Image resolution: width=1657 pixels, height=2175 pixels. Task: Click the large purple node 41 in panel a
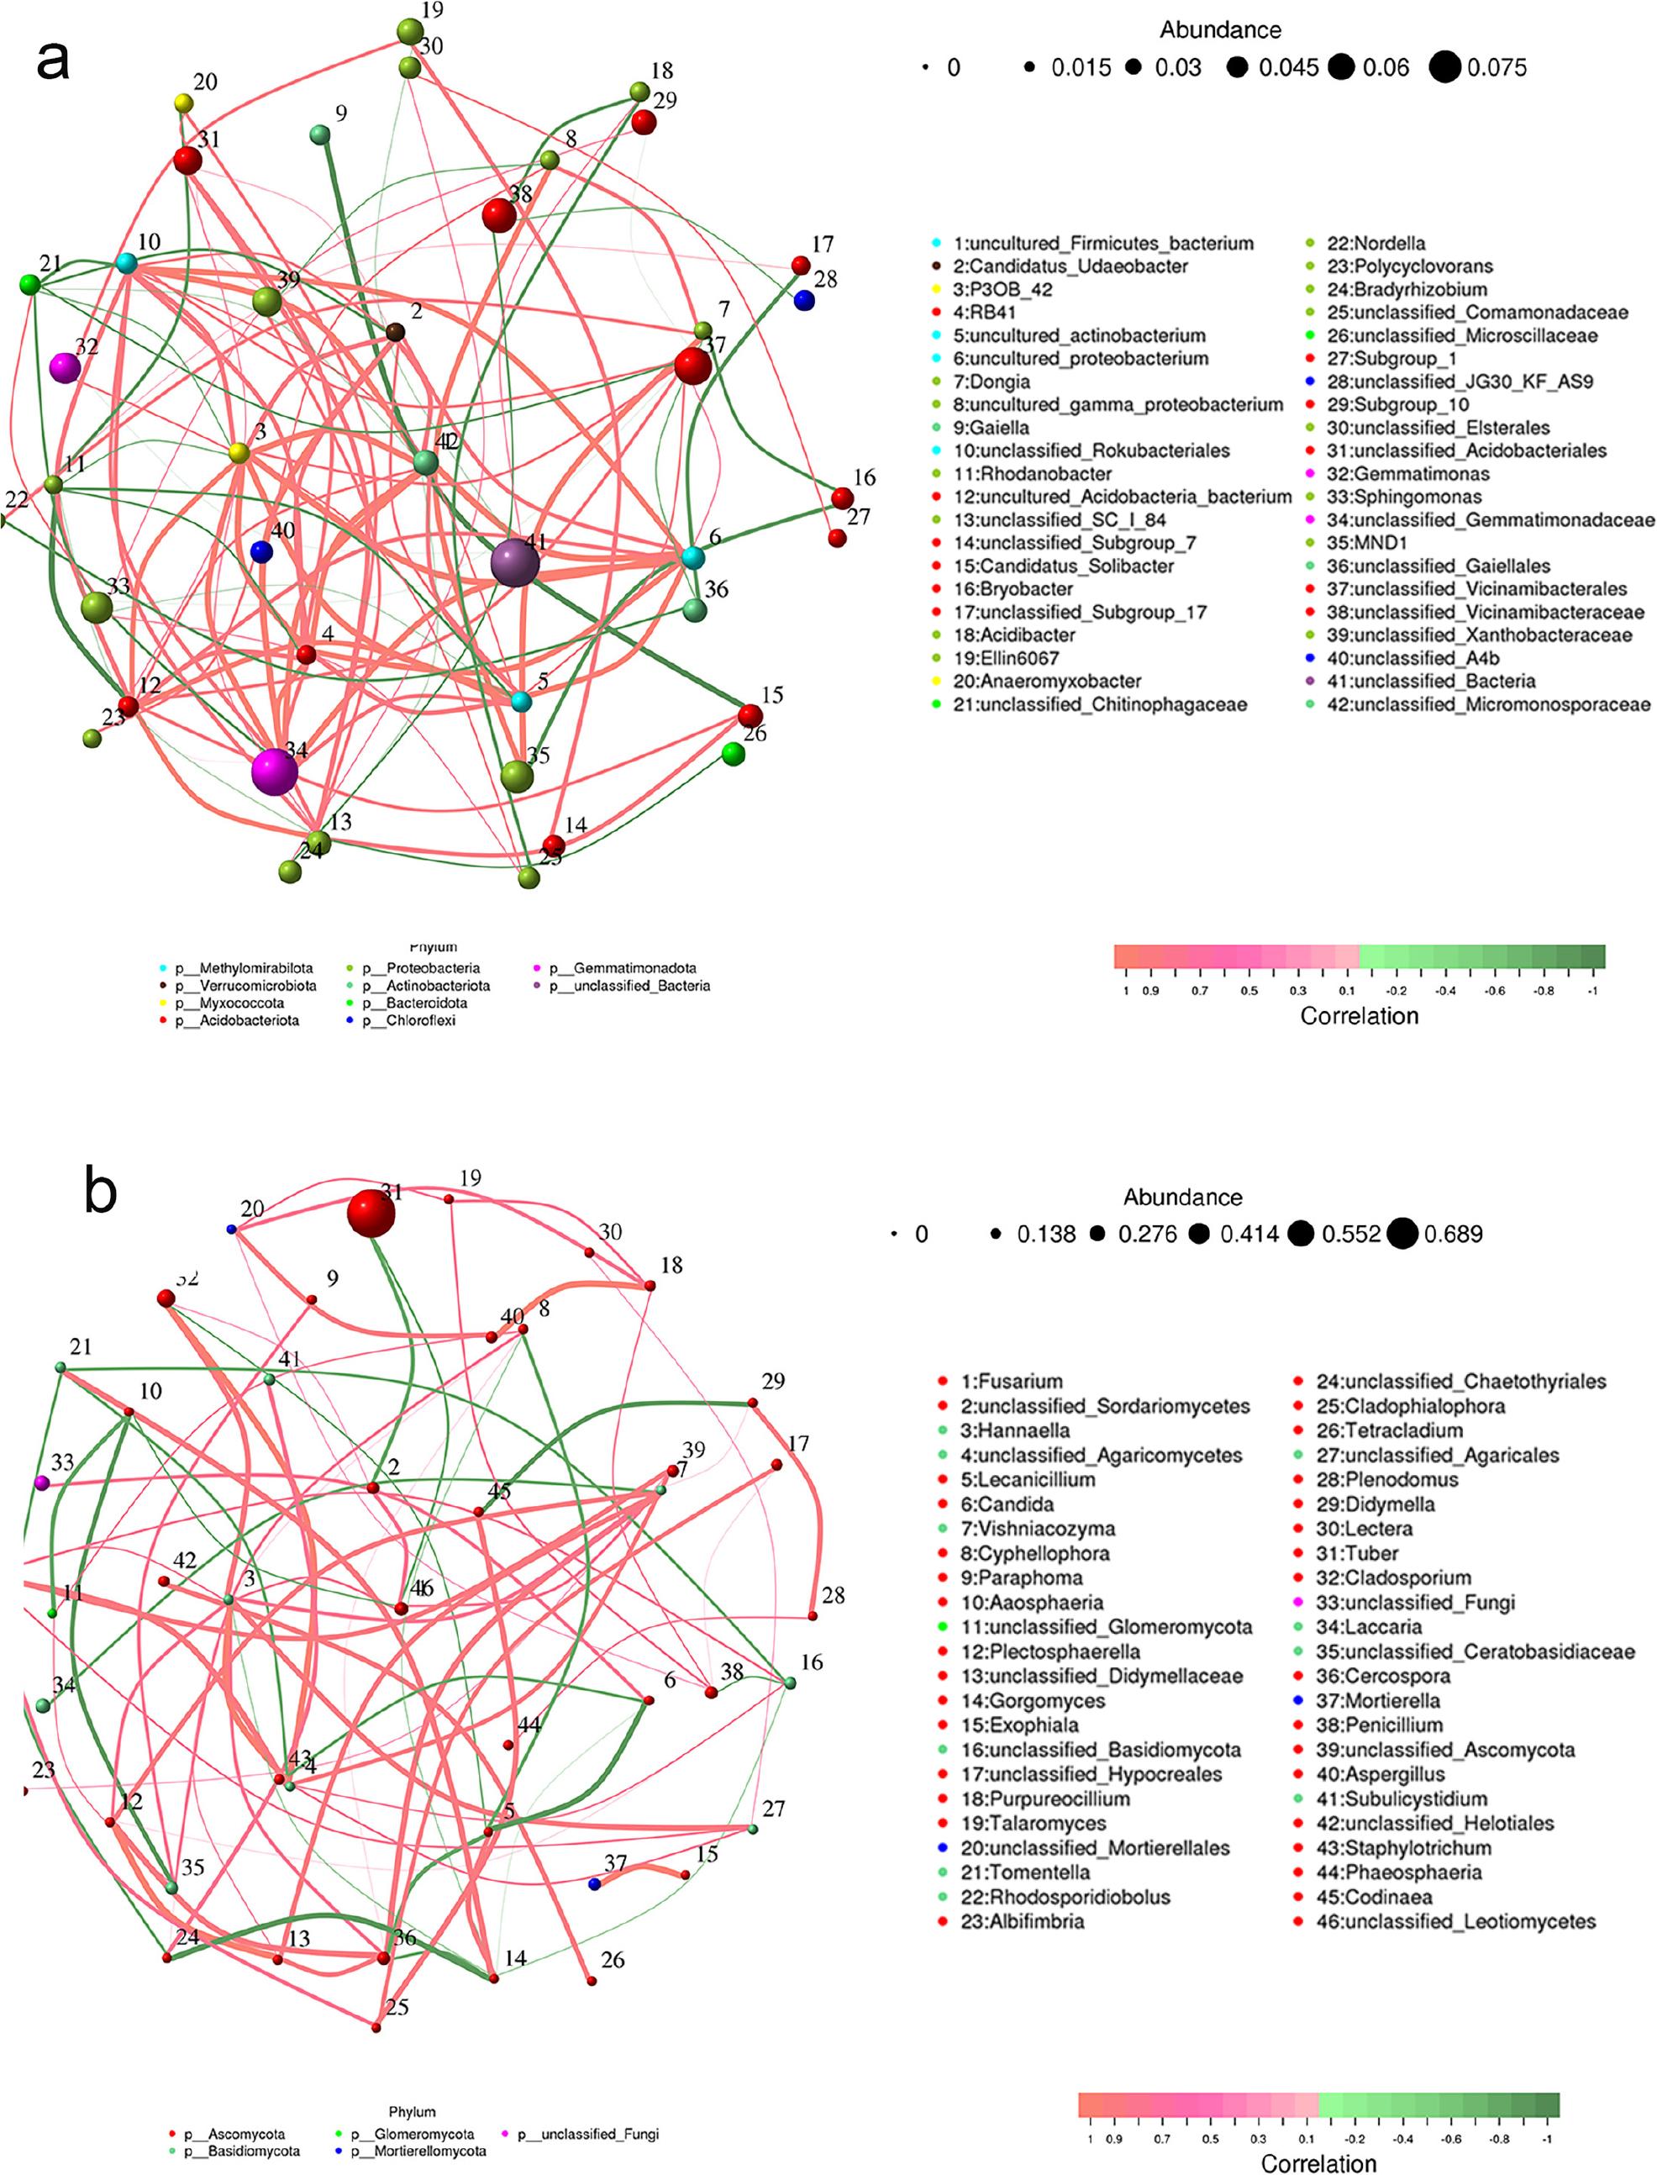pos(515,563)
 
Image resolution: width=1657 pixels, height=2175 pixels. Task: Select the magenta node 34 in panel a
pos(273,771)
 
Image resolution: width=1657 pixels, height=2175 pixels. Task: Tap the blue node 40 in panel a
pos(261,552)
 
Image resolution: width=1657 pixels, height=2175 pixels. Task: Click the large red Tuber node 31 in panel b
pos(371,1211)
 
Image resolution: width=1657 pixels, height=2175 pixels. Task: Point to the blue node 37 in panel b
pos(594,1885)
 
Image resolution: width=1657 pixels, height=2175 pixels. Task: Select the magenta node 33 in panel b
pos(41,1483)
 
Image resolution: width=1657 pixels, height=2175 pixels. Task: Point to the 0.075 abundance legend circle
pos(1445,68)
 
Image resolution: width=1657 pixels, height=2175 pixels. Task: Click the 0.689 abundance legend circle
pos(1402,1234)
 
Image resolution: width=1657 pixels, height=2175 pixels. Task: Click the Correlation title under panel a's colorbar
pos(1360,1016)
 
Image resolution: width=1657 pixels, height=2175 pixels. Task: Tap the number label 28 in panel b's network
pos(833,1595)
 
